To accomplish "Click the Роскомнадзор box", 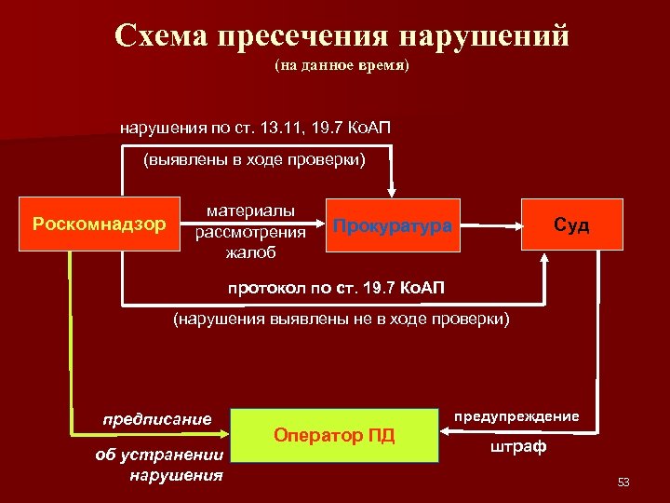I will coord(99,224).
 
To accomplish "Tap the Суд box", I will coord(571,224).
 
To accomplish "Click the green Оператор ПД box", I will coord(334,435).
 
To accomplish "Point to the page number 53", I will coord(623,482).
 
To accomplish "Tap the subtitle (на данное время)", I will coord(342,67).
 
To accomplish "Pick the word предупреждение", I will coord(516,416).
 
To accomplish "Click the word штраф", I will coord(518,447).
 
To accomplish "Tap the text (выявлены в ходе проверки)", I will coord(254,160).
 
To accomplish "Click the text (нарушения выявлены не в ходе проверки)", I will coord(342,319).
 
